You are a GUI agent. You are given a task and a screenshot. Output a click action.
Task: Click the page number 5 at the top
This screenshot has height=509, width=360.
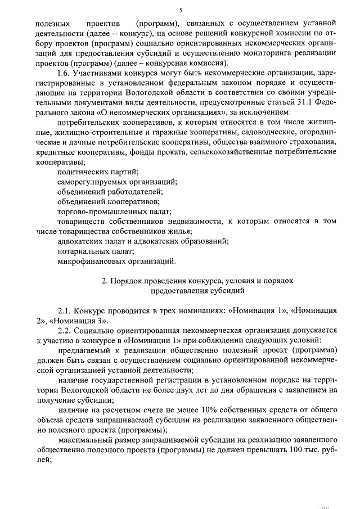181,10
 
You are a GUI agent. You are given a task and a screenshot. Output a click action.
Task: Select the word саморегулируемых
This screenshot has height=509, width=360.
92,182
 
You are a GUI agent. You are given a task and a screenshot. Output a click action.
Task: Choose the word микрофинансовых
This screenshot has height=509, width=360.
89,261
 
